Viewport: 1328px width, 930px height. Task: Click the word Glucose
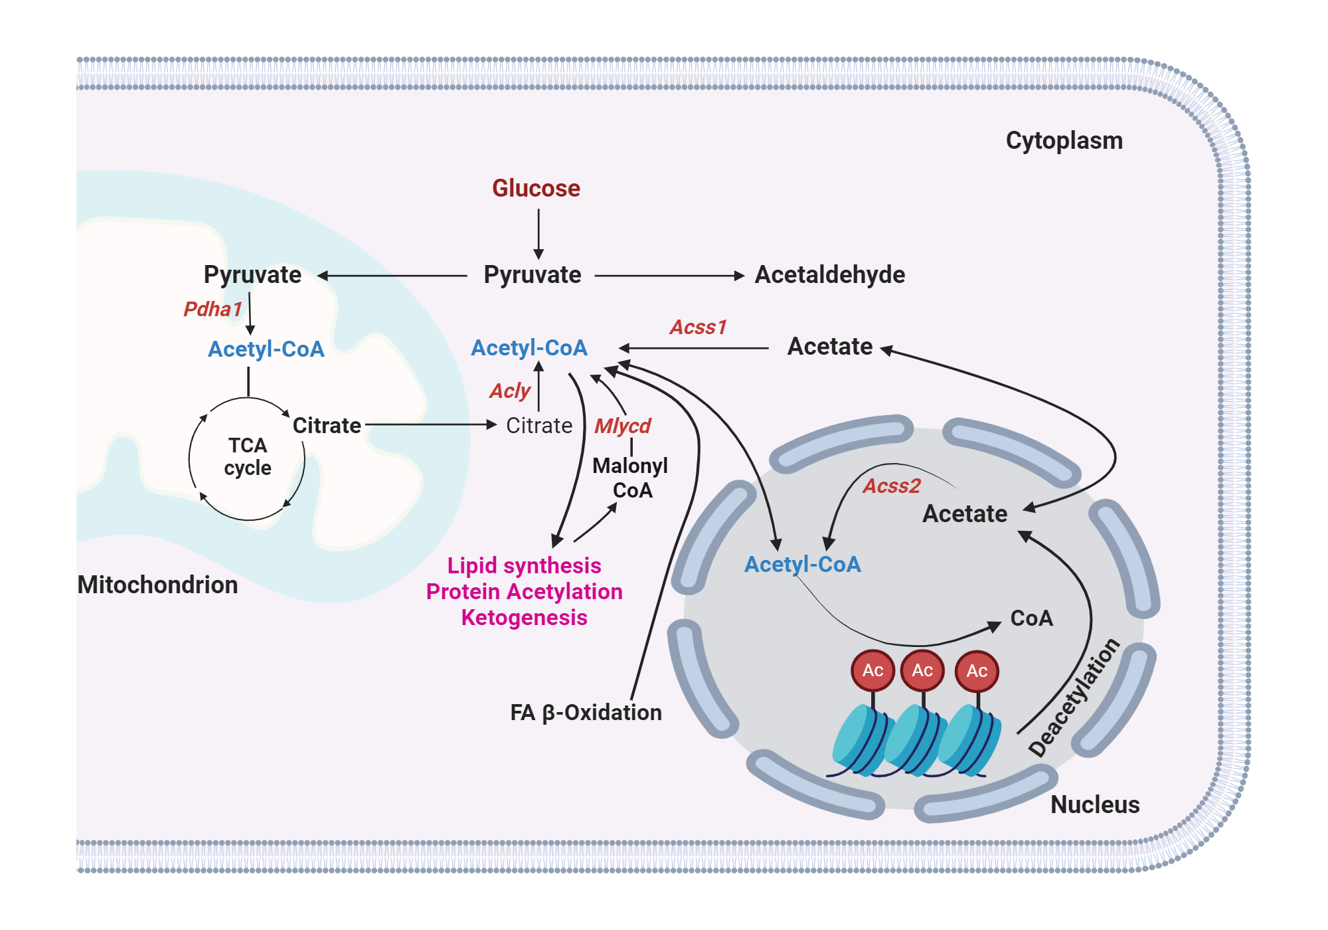click(x=536, y=189)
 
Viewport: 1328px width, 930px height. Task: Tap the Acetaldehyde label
click(x=829, y=275)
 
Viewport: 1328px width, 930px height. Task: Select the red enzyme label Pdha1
click(x=212, y=309)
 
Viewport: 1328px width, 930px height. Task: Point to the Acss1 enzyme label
click(x=698, y=327)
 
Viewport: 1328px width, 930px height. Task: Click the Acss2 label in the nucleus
click(x=891, y=486)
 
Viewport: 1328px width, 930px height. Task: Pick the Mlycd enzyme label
click(x=622, y=426)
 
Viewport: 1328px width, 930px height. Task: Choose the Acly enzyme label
click(x=510, y=391)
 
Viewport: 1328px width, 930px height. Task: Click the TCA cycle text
click(x=248, y=456)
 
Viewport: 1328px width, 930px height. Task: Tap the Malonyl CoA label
click(x=630, y=478)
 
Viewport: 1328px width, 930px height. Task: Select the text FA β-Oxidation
click(x=586, y=713)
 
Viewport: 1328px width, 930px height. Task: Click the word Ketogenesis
click(x=524, y=618)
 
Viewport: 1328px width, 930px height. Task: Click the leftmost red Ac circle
click(x=872, y=670)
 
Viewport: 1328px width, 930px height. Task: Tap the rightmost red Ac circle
click(x=976, y=670)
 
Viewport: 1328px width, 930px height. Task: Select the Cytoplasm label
click(x=1064, y=141)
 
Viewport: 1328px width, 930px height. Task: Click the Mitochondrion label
click(x=157, y=585)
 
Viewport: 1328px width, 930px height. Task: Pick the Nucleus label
click(x=1094, y=804)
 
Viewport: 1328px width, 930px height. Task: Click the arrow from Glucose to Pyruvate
click(x=539, y=234)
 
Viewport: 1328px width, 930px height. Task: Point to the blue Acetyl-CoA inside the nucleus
click(x=802, y=565)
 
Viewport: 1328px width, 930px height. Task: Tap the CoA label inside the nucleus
click(x=1031, y=618)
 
